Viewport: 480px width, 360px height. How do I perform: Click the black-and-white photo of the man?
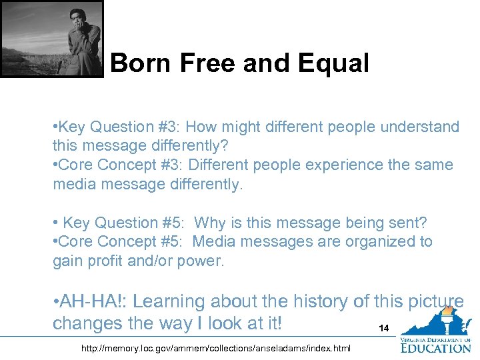[x=52, y=39]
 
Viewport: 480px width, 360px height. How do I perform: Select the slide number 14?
[x=383, y=329]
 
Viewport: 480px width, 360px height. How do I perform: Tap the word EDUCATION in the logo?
[x=436, y=347]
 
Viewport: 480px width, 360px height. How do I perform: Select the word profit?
[x=103, y=261]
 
